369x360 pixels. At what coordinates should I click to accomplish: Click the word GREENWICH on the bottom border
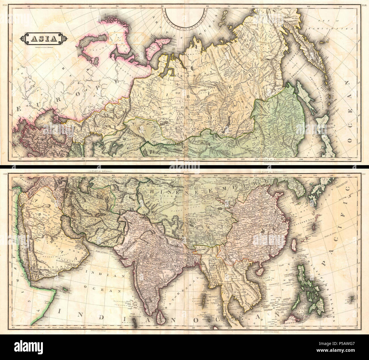coord(77,327)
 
